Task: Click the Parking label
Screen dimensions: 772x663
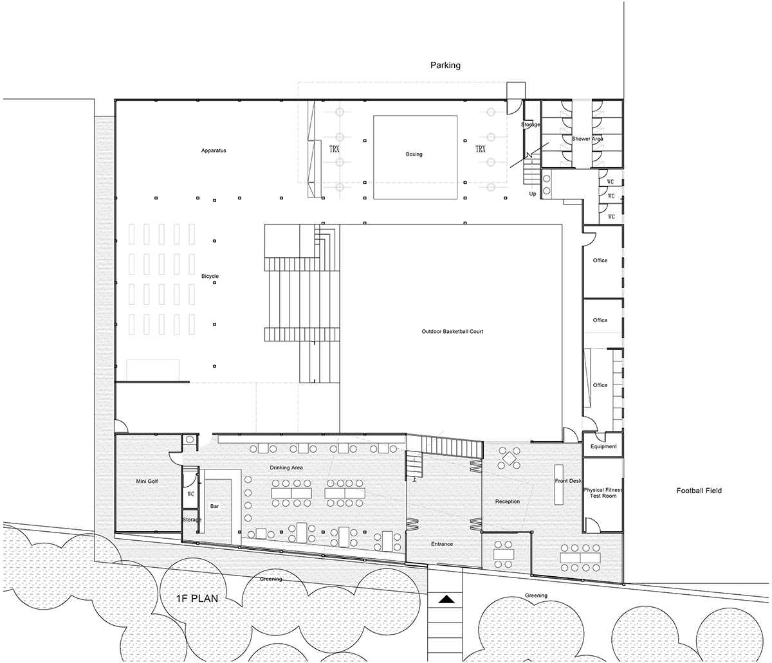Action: pyautogui.click(x=445, y=66)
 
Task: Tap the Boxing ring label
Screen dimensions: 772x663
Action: pyautogui.click(x=414, y=154)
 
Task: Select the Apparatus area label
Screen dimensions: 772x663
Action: pyautogui.click(x=213, y=150)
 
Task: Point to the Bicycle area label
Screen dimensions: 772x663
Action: pyautogui.click(x=210, y=276)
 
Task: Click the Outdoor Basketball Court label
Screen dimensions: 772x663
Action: pyautogui.click(x=452, y=331)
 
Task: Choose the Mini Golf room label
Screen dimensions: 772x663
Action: pyautogui.click(x=147, y=481)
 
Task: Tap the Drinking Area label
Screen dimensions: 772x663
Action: pyautogui.click(x=286, y=468)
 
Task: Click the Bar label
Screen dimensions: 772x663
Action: pyautogui.click(x=214, y=506)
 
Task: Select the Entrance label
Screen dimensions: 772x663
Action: pyautogui.click(x=442, y=544)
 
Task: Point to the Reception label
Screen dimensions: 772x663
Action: pyautogui.click(x=507, y=502)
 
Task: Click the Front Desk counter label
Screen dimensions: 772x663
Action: pyautogui.click(x=568, y=481)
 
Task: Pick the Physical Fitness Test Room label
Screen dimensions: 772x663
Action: pyautogui.click(x=603, y=493)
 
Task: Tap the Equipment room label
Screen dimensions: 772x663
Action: pyautogui.click(x=603, y=446)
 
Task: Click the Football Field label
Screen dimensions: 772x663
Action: pyautogui.click(x=699, y=491)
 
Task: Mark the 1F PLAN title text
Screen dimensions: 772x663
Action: pyautogui.click(x=197, y=599)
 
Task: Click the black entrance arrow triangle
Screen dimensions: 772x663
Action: pyautogui.click(x=446, y=599)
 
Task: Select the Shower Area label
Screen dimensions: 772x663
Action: pyautogui.click(x=587, y=138)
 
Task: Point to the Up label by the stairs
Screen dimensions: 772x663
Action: pyautogui.click(x=532, y=194)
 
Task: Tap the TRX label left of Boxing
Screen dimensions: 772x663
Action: pyautogui.click(x=335, y=149)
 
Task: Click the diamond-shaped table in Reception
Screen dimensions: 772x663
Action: pyautogui.click(x=509, y=457)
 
